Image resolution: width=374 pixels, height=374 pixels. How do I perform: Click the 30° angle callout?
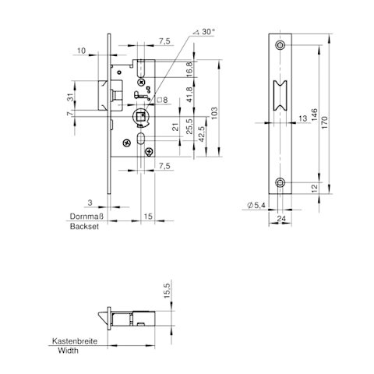204,32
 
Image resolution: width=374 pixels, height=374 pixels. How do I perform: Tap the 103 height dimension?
214,113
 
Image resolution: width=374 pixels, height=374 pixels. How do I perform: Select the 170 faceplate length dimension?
324,123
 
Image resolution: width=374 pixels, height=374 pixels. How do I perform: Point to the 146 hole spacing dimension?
314,115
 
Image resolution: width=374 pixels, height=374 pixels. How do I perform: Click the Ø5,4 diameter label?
256,205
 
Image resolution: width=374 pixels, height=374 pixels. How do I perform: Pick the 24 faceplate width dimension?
281,219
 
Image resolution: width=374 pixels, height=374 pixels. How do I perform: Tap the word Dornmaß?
86,217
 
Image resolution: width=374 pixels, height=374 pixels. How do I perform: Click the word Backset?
84,227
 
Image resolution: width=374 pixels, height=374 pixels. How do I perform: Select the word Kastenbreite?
75,341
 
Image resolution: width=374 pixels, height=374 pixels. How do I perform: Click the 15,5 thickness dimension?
167,291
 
